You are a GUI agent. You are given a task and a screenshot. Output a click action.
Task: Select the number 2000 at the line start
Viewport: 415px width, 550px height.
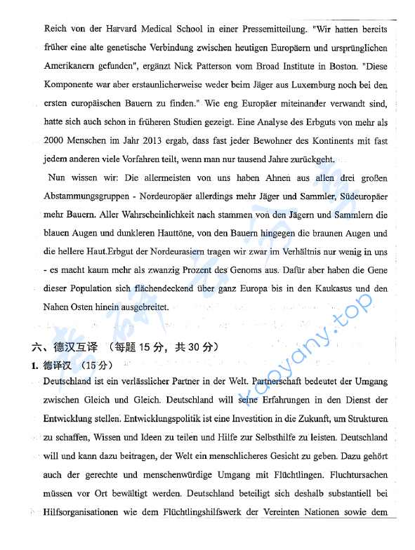[54, 141]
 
